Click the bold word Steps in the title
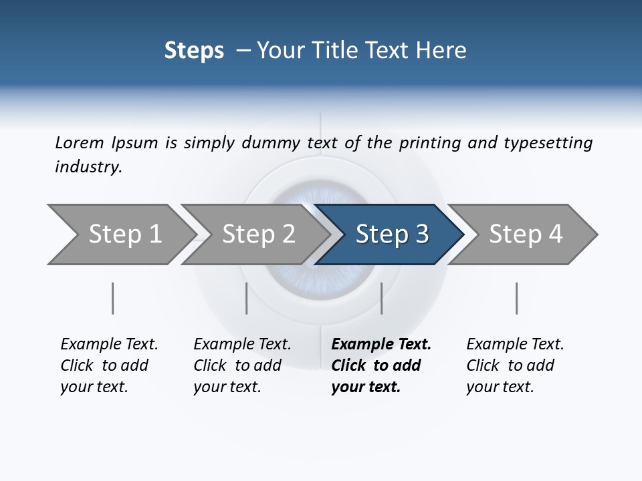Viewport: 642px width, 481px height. coord(194,51)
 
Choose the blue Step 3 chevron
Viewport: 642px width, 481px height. coord(392,234)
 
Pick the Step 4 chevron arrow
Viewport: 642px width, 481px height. coord(526,234)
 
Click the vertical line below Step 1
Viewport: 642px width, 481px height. coord(112,298)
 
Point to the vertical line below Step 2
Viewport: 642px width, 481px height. coord(247,298)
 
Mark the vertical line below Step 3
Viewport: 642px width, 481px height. coord(381,298)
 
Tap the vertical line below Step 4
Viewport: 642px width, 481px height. coord(516,298)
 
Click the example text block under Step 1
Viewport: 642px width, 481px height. coord(109,365)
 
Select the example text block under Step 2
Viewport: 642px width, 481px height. coord(242,365)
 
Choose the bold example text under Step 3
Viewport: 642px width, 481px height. coord(381,365)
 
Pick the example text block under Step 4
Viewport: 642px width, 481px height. coord(515,365)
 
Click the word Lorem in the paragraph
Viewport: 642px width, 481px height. coord(79,143)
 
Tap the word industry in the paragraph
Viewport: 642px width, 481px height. coord(88,167)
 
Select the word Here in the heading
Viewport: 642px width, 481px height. coord(441,51)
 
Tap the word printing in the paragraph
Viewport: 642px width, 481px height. coord(430,143)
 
